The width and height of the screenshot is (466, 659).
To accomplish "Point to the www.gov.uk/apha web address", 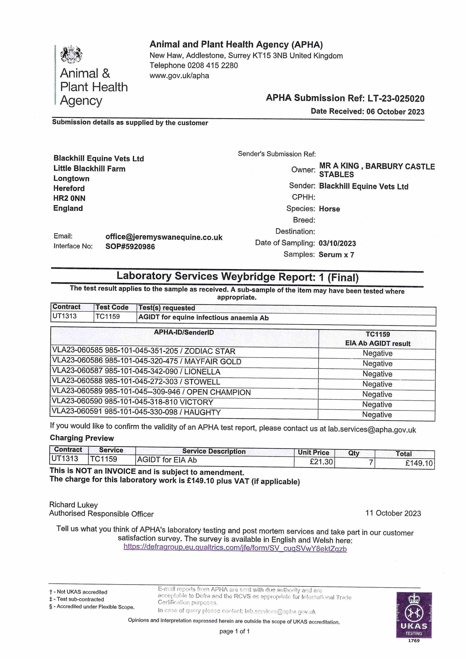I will click(x=179, y=76).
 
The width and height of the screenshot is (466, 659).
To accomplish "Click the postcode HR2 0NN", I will click(x=69, y=198).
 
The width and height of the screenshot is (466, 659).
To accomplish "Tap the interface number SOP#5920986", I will click(x=130, y=247).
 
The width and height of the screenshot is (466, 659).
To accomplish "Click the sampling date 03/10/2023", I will click(x=337, y=243).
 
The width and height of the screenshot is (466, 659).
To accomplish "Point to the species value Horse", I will click(x=329, y=209).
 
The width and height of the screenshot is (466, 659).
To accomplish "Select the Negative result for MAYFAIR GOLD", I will click(x=377, y=364).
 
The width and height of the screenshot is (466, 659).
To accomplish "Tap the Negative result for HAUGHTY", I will click(x=377, y=415).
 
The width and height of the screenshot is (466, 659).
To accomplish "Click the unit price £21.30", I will click(x=321, y=462).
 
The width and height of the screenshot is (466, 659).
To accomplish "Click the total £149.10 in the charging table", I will click(x=419, y=463).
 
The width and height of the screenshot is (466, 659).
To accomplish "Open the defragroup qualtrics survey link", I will click(x=235, y=548).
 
